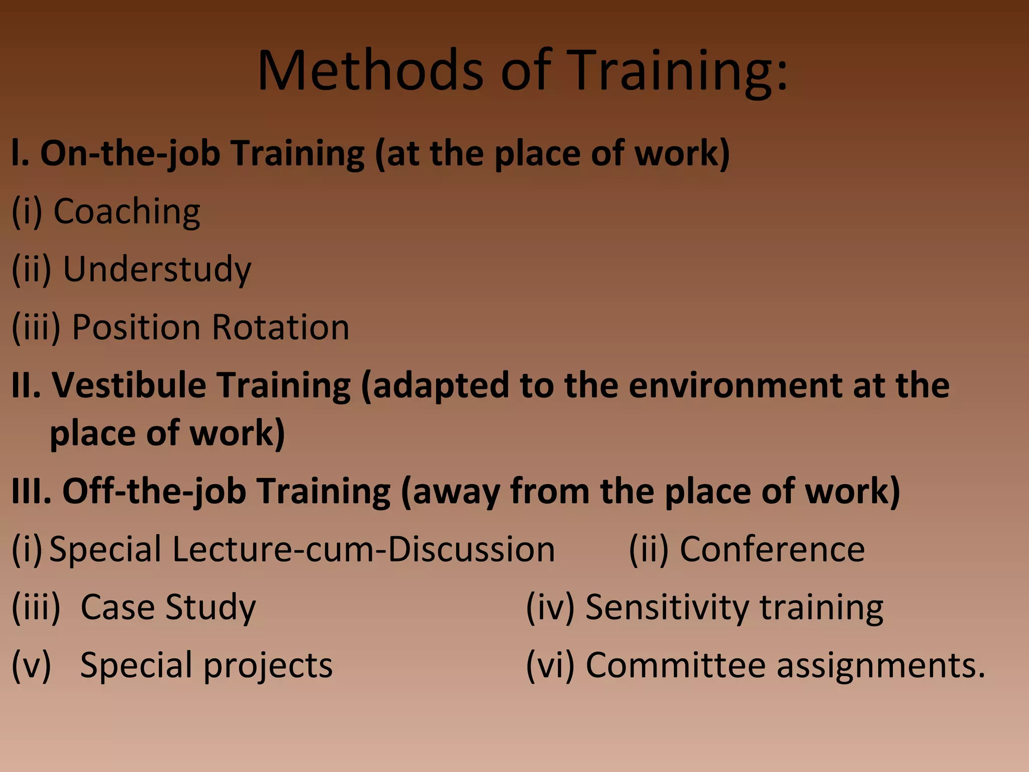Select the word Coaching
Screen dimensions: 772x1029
pyautogui.click(x=127, y=212)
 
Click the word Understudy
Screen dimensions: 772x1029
pyautogui.click(x=157, y=269)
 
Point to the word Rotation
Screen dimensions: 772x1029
pyautogui.click(x=280, y=327)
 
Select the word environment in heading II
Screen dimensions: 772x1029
pyautogui.click(x=735, y=385)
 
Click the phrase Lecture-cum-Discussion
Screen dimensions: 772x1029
pyautogui.click(x=363, y=549)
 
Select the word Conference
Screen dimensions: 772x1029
pyautogui.click(x=772, y=549)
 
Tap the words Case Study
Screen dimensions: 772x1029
pyautogui.click(x=168, y=607)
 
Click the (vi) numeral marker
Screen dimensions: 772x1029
pyautogui.click(x=550, y=665)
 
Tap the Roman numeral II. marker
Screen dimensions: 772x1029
pyautogui.click(x=26, y=385)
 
